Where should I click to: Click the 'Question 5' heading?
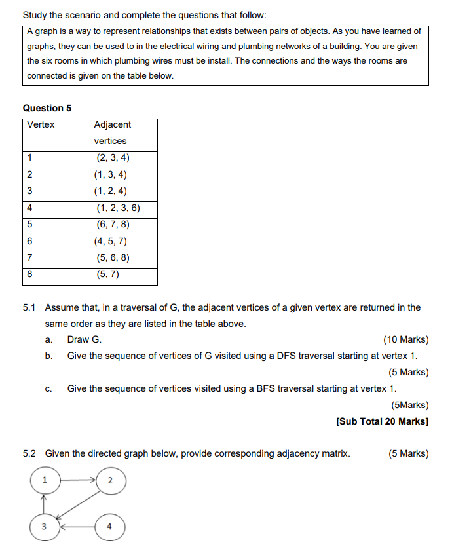47,108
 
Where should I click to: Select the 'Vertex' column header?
41,124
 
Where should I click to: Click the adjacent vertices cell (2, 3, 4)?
113,158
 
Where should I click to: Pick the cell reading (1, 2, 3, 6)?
118,208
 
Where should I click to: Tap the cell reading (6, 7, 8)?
113,225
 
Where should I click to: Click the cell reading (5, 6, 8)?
113,258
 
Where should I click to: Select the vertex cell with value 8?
30,275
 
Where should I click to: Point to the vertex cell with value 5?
30,225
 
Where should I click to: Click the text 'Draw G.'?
85,339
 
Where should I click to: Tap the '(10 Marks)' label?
405,339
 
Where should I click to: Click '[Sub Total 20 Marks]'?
382,421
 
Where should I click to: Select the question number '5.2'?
29,453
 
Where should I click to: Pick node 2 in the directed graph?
109,481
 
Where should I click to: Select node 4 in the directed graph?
109,525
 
